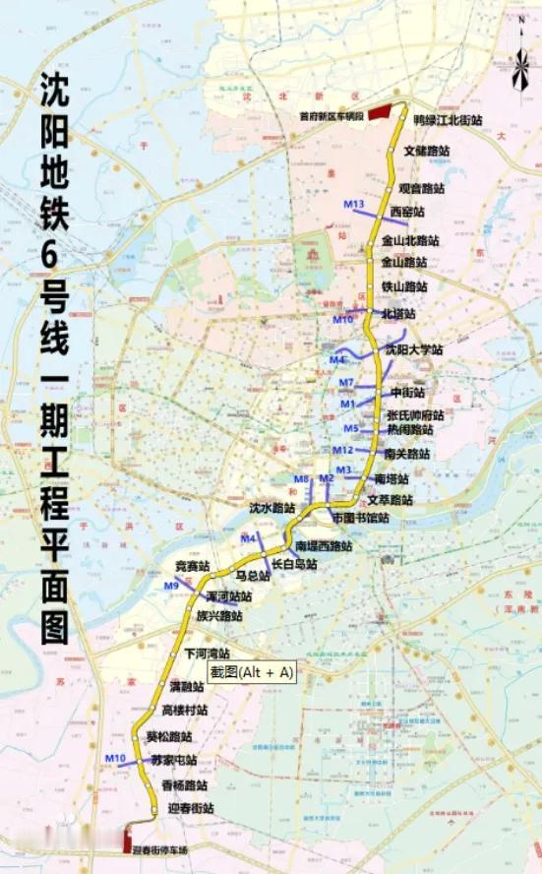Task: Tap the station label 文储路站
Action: click(x=427, y=152)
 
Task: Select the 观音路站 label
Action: click(x=421, y=187)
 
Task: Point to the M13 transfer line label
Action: click(x=355, y=204)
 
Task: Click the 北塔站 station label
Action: click(x=398, y=314)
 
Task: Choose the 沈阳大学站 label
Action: click(x=413, y=349)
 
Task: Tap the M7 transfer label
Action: click(x=345, y=382)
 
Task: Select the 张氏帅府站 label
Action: click(x=416, y=414)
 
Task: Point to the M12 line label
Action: click(x=343, y=450)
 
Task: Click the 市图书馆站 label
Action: click(x=360, y=518)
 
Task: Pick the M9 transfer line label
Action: click(x=171, y=587)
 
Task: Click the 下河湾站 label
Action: click(x=207, y=654)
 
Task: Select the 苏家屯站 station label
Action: click(x=173, y=761)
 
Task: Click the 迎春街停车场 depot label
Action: click(x=161, y=849)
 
